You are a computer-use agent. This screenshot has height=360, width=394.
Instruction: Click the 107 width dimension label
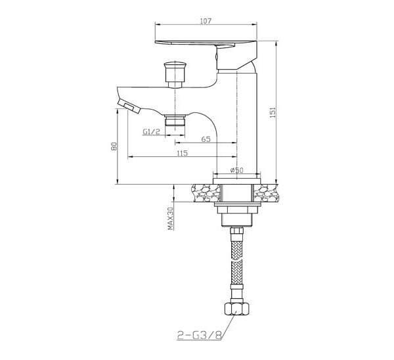(x=206, y=21)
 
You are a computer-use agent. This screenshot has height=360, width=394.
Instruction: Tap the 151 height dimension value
(x=273, y=112)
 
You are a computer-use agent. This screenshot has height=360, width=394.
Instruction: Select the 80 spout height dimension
(x=114, y=146)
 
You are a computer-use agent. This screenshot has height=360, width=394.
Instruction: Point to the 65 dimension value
(x=206, y=139)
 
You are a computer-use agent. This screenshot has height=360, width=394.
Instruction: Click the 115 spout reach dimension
(x=183, y=153)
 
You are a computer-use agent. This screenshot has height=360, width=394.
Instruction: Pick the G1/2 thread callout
(x=151, y=131)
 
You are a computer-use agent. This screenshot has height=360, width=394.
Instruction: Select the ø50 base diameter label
(x=236, y=170)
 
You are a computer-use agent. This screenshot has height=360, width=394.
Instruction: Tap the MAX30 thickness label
(x=170, y=218)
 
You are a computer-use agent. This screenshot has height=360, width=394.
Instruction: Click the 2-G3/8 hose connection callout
(x=200, y=335)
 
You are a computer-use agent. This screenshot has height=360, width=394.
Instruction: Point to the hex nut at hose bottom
(x=236, y=309)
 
